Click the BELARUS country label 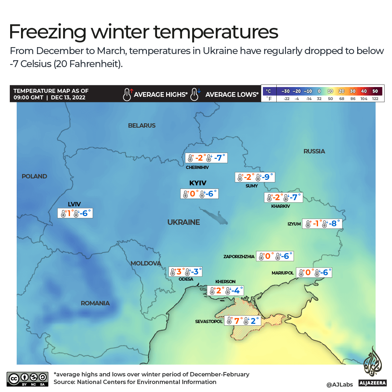(141, 125)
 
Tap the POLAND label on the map (34, 176)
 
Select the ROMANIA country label (95, 303)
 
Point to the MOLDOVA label (145, 263)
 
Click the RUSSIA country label (314, 151)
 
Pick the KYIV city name (198, 183)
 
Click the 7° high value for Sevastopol (238, 321)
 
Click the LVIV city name (74, 205)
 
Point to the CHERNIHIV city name (197, 168)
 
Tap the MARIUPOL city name (282, 273)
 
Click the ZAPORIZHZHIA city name (239, 257)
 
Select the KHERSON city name (225, 281)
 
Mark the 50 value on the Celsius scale (375, 91)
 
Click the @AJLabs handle (339, 384)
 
